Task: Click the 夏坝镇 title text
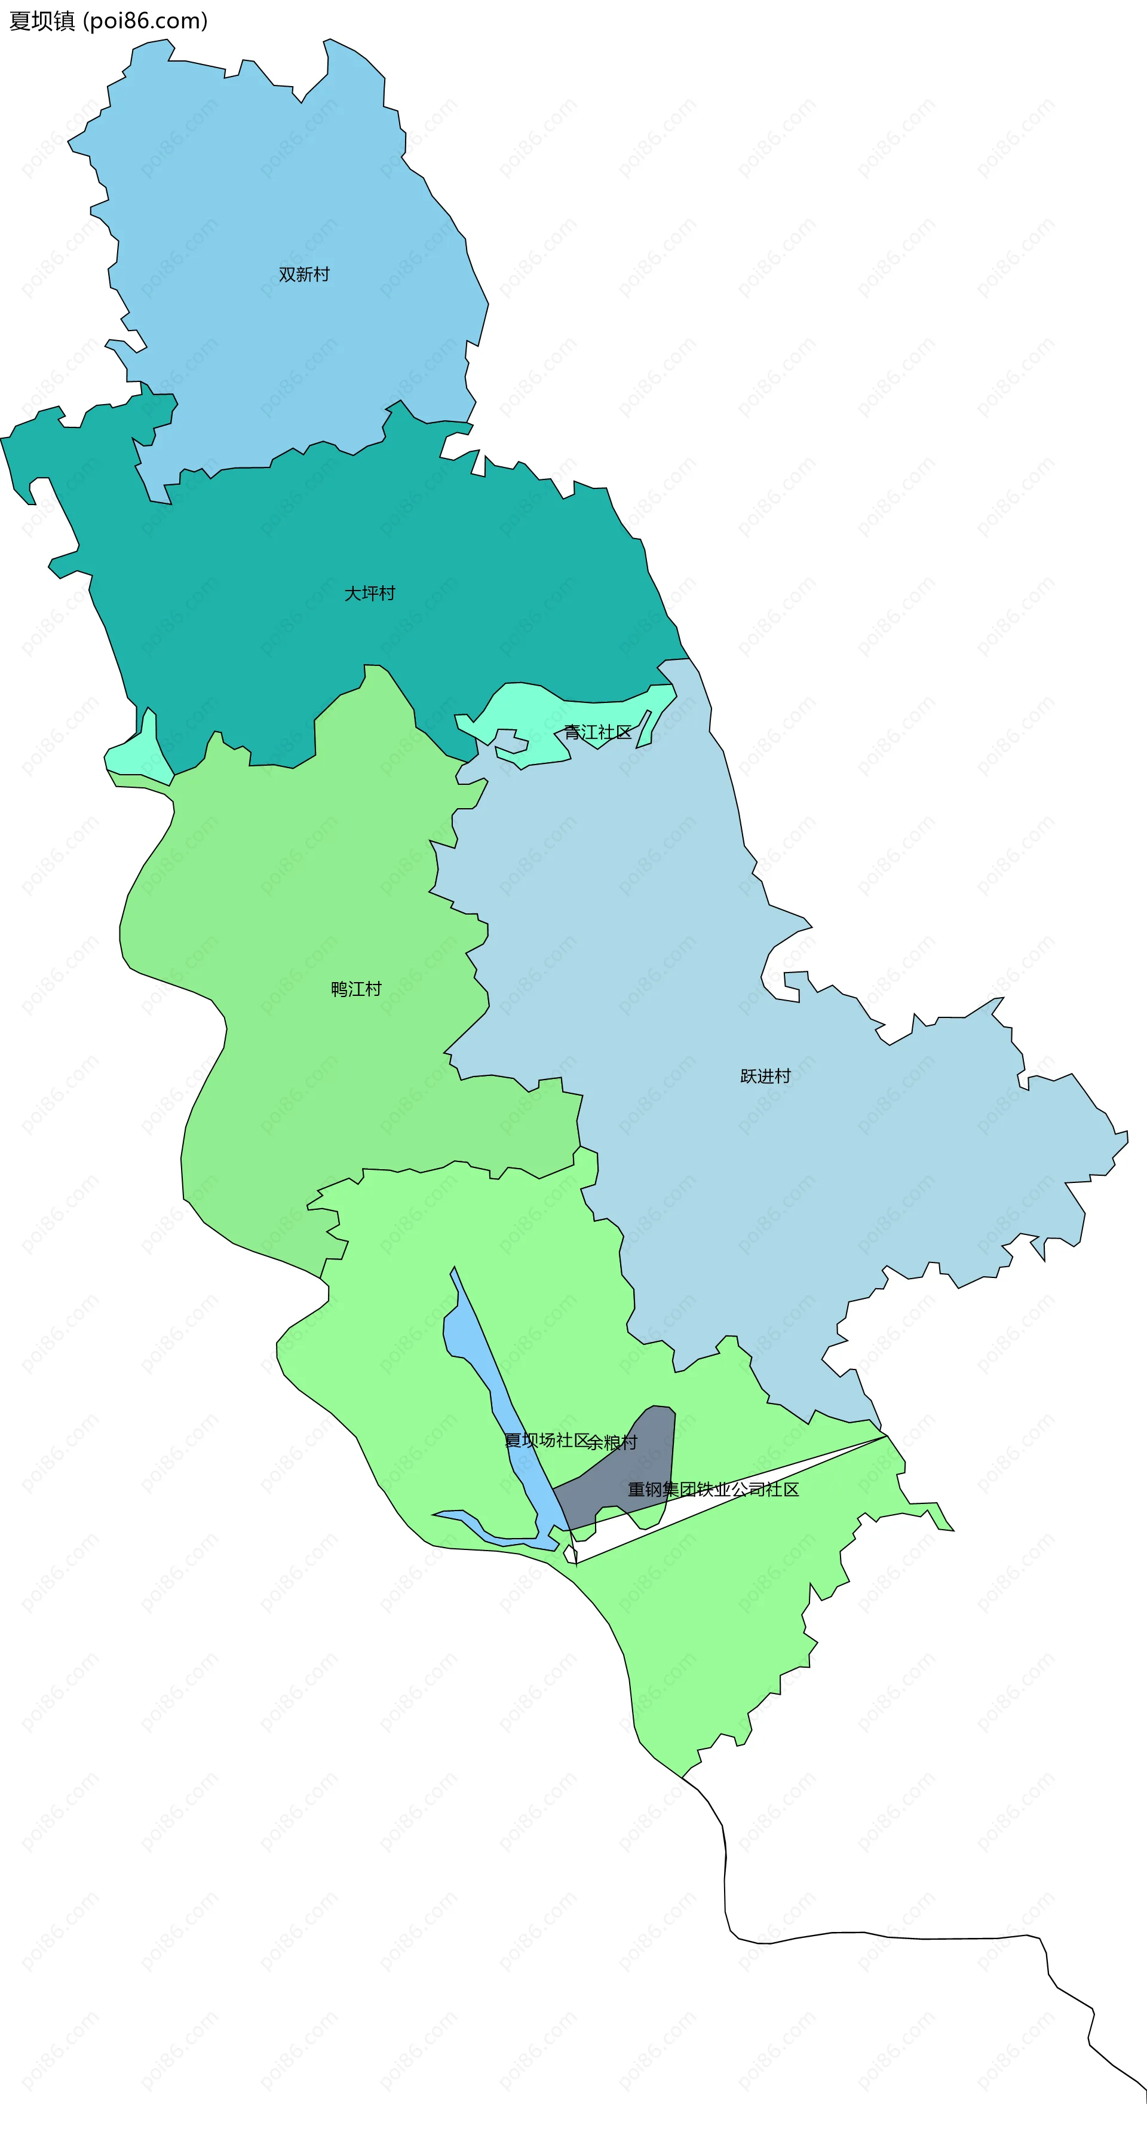(41, 21)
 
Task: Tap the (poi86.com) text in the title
(145, 21)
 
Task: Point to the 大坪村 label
(370, 593)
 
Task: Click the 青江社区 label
(597, 732)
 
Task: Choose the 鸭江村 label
(356, 989)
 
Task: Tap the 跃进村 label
(765, 1076)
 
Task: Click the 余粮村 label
(613, 1442)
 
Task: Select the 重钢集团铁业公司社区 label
(713, 1489)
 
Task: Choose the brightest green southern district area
(415, 1327)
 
